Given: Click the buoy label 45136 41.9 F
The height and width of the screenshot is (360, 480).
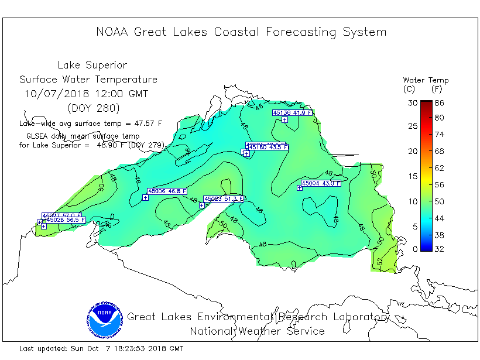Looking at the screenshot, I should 293,112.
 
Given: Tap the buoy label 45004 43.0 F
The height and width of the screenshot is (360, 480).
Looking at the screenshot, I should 319,183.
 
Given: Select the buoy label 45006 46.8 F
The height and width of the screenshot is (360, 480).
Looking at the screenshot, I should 167,191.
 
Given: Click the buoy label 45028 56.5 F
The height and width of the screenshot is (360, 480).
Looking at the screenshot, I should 66,220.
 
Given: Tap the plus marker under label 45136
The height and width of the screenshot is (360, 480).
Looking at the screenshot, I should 284,119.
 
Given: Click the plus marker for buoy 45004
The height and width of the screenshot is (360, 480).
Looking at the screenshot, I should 300,188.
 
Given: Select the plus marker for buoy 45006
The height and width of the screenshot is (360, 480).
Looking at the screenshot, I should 146,197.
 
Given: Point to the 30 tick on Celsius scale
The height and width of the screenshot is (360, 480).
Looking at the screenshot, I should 414,102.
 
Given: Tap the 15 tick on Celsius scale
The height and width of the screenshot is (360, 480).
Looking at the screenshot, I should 414,176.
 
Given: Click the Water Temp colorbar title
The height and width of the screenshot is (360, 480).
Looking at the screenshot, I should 426,80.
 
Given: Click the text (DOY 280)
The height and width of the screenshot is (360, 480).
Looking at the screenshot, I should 93,108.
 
